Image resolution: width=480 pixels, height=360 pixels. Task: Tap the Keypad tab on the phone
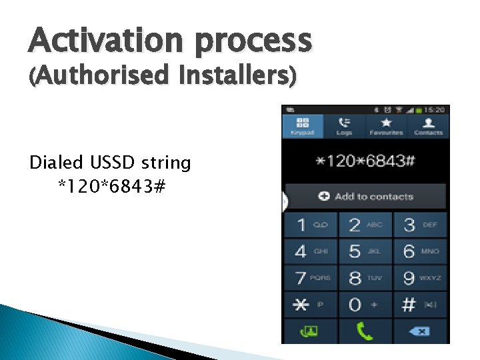point(303,126)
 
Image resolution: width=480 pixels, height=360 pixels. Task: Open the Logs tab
point(345,126)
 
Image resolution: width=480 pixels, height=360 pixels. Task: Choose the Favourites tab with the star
point(386,126)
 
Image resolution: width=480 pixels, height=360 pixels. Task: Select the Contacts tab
point(428,126)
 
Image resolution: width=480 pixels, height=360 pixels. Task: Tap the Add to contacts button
point(365,197)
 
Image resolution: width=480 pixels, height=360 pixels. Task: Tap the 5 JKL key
point(365,251)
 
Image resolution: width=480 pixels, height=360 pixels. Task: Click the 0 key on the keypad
point(365,305)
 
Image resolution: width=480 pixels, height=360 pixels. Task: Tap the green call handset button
point(365,331)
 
